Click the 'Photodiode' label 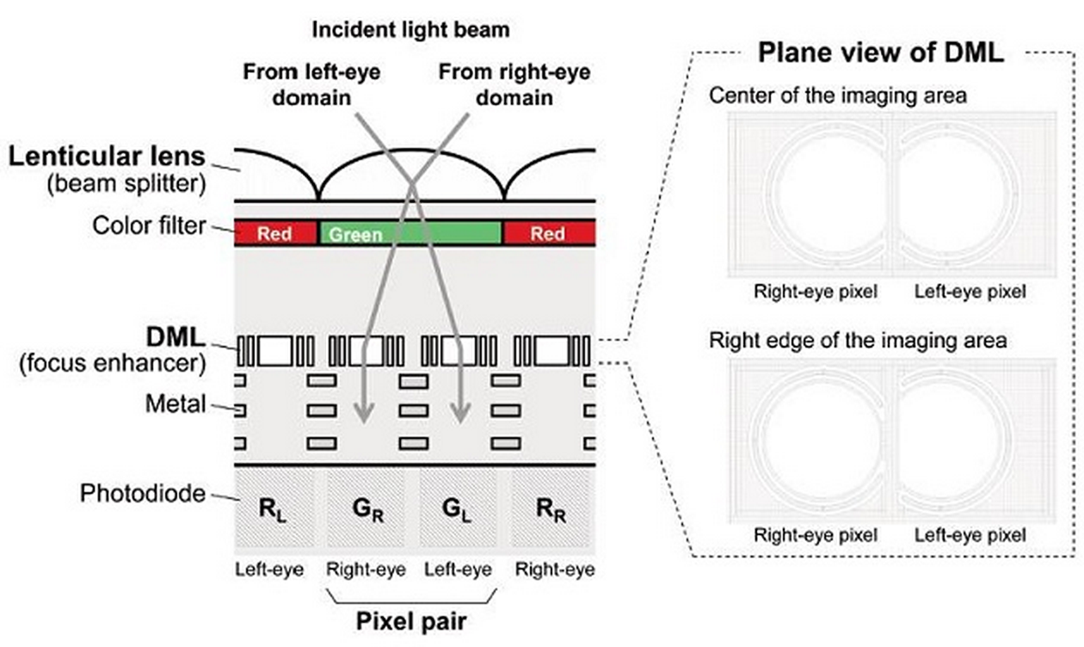point(143,494)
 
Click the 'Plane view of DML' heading point(879,53)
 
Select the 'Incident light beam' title point(410,29)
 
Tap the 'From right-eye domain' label point(514,83)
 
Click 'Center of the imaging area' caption point(837,95)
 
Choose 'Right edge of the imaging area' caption point(857,339)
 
